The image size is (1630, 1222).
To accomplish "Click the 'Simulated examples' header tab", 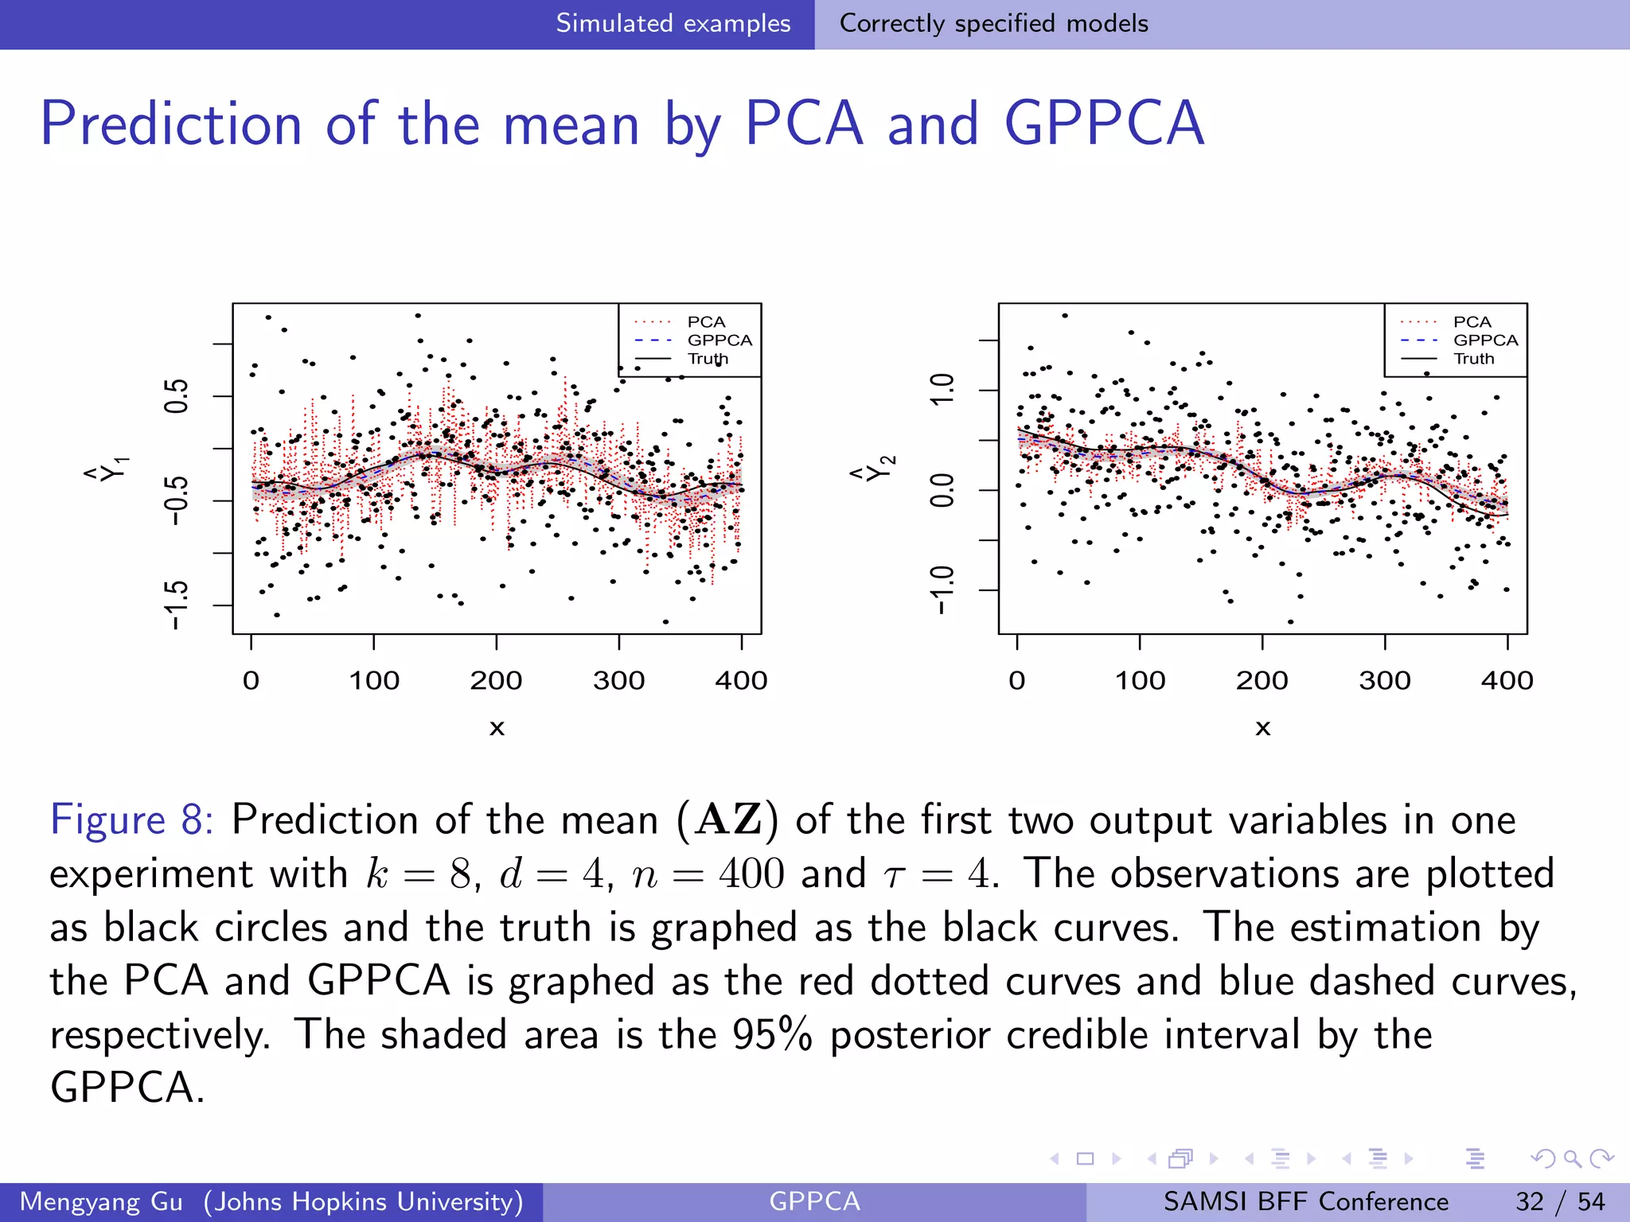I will (673, 23).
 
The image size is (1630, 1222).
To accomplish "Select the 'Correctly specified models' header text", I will (993, 23).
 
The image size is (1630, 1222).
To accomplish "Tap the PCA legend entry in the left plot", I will (706, 322).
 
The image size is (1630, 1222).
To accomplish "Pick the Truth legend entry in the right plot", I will (1473, 359).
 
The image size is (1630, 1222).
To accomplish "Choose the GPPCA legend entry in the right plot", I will (1485, 341).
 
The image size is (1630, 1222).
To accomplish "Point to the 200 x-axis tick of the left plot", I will (496, 680).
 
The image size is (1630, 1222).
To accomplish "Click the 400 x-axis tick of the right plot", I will (1507, 680).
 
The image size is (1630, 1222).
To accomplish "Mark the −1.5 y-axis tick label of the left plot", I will (177, 605).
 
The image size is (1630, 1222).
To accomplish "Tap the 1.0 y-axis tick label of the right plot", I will (942, 390).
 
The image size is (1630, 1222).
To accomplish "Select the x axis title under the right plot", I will (1262, 728).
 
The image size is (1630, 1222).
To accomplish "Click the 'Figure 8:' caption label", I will (131, 819).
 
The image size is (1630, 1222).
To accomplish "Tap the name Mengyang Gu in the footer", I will (101, 1201).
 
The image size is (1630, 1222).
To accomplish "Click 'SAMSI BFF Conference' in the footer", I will (1305, 1201).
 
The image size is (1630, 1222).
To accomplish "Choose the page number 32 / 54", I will (1560, 1201).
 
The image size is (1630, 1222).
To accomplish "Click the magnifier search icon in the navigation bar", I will (1572, 1158).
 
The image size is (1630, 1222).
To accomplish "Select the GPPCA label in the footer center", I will (814, 1201).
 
